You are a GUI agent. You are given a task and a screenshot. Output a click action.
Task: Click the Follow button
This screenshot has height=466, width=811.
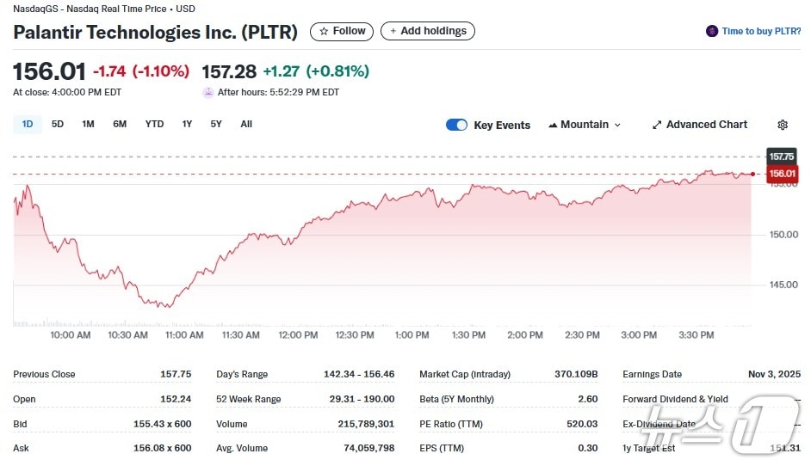point(342,31)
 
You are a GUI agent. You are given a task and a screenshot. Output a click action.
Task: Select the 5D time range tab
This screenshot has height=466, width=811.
point(58,124)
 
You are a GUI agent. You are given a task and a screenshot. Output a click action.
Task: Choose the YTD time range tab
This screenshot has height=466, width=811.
point(154,124)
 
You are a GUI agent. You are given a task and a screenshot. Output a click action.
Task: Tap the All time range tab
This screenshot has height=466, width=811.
point(246,124)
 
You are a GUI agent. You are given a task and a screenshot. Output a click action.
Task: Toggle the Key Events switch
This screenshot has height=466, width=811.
point(456,125)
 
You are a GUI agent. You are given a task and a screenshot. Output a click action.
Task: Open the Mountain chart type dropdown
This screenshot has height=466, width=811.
point(585,125)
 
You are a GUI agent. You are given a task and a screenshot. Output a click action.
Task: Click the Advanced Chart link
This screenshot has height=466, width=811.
point(699,125)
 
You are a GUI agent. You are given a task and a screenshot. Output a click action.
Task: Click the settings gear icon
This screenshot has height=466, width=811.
point(783,125)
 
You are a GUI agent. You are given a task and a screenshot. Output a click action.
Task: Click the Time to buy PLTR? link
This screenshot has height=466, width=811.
point(754,31)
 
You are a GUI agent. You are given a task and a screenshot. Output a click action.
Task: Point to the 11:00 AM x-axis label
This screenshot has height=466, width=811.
point(184,335)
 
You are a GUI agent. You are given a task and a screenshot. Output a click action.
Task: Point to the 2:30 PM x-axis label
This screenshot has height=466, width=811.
point(582,335)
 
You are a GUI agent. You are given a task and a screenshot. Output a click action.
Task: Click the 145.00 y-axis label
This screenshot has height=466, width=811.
point(783,285)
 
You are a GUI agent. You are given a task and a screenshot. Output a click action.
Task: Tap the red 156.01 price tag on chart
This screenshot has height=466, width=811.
point(782,174)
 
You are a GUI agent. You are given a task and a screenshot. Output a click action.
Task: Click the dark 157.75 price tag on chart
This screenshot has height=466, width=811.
point(782,156)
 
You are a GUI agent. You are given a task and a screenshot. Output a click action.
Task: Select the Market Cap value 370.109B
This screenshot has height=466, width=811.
point(576,374)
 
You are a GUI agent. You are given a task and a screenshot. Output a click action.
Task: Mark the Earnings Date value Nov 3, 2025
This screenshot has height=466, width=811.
point(774,374)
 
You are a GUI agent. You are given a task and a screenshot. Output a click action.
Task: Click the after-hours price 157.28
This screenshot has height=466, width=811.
point(228,71)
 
